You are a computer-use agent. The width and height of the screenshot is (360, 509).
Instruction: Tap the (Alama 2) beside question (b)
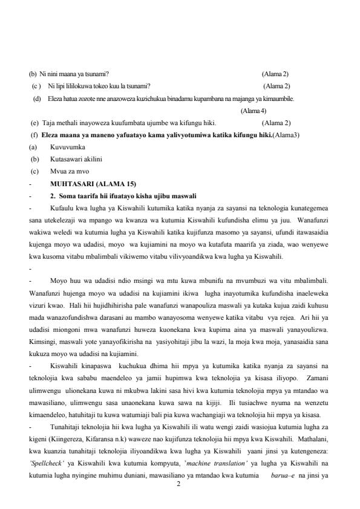[275, 74]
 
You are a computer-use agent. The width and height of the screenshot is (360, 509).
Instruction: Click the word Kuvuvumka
[68, 147]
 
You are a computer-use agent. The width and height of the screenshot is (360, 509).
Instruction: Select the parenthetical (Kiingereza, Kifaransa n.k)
[68, 441]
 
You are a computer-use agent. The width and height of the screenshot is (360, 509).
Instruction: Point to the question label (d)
[37, 98]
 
